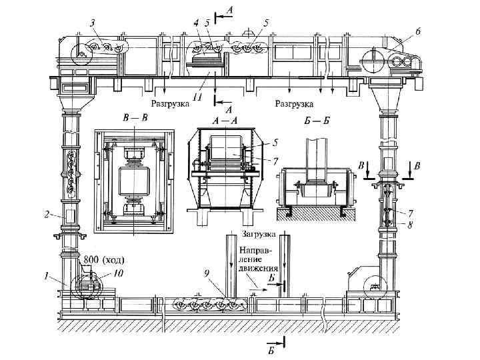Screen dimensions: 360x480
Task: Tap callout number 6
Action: click(417, 31)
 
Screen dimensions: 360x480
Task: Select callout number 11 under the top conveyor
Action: click(197, 97)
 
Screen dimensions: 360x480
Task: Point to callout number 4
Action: click(196, 23)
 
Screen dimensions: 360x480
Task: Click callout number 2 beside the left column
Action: click(47, 215)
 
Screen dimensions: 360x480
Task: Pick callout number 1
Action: click(47, 274)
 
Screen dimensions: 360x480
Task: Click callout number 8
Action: click(411, 226)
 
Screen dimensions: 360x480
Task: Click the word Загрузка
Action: click(260, 235)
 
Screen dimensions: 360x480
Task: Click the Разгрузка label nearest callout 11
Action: click(171, 104)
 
